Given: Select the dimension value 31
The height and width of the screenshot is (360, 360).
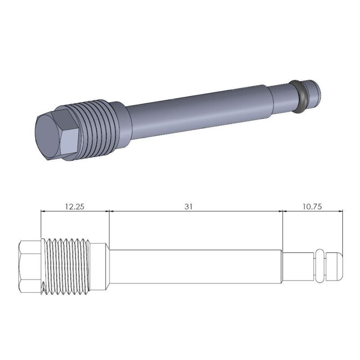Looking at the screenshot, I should click(x=189, y=207).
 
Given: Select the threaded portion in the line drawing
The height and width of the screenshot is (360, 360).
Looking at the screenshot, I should click(x=67, y=266).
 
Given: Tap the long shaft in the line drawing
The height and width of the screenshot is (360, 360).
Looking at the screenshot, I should click(x=196, y=266).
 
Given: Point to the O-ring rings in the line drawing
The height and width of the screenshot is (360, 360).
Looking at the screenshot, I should click(x=320, y=266).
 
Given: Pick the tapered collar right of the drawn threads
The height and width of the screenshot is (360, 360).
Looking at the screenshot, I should click(x=101, y=266).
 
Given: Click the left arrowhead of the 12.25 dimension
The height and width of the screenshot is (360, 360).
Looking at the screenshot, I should click(x=43, y=211).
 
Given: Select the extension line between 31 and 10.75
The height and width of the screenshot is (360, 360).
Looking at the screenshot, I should click(x=283, y=229).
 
